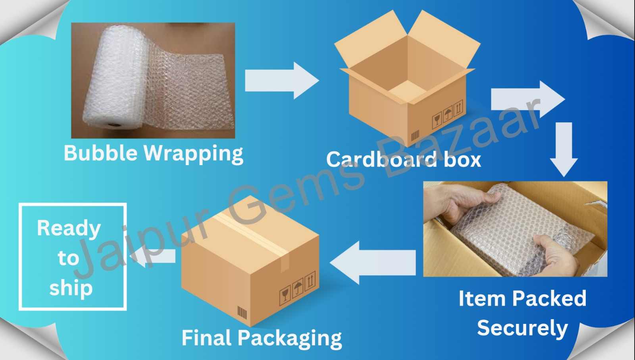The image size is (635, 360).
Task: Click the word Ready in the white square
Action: tap(69, 229)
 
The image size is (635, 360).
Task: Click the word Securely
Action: tap(522, 329)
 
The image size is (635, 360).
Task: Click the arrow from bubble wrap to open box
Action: tap(281, 81)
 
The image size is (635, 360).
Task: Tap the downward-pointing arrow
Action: tap(564, 148)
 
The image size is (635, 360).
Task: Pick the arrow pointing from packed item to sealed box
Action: tap(372, 262)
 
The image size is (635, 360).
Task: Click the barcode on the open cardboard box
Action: tap(415, 136)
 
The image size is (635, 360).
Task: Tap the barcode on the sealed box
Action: tap(242, 312)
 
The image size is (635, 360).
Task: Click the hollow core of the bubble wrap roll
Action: tap(115, 125)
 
